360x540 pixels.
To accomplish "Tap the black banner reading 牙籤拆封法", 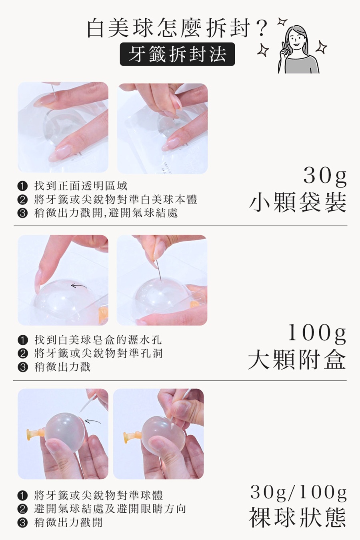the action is [177, 54].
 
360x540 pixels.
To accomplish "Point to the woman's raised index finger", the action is [283, 49].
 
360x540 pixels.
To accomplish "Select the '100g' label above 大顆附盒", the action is [317, 333].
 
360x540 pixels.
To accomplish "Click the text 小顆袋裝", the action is [298, 202].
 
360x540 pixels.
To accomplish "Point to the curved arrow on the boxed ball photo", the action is [79, 286].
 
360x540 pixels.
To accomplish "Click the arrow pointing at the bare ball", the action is [93, 421].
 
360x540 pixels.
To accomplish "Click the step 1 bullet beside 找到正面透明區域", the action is [22, 186].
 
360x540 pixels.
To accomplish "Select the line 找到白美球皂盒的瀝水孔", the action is [98, 340].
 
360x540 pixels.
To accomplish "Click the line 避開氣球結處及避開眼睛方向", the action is [110, 509].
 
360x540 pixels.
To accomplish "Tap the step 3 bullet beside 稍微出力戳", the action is [22, 367].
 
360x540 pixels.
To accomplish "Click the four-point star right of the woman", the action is [322, 47].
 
